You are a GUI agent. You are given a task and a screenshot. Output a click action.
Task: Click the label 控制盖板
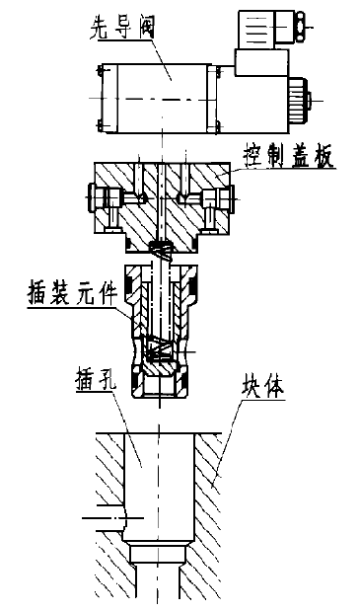click(289, 156)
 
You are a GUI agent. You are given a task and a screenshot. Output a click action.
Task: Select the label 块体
click(264, 389)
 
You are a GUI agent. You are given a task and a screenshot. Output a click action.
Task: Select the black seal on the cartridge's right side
click(194, 287)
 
